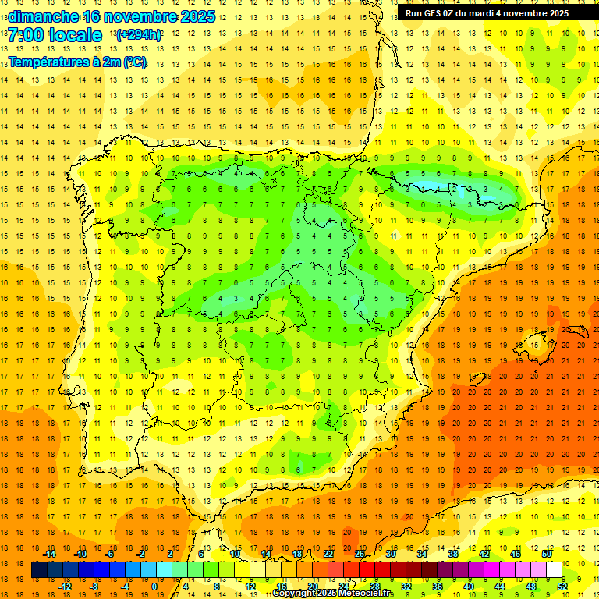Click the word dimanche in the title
coord(43,16)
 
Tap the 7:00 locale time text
coord(55,35)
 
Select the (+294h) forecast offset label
coord(139,35)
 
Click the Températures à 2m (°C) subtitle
coord(77,62)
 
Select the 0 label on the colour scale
coord(154,587)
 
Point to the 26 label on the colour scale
coord(360,554)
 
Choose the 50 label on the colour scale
coord(547,554)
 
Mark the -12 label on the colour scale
coord(65,587)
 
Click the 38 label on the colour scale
coord(453,554)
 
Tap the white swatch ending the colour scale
coord(555,569)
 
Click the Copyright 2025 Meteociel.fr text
coord(333,594)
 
